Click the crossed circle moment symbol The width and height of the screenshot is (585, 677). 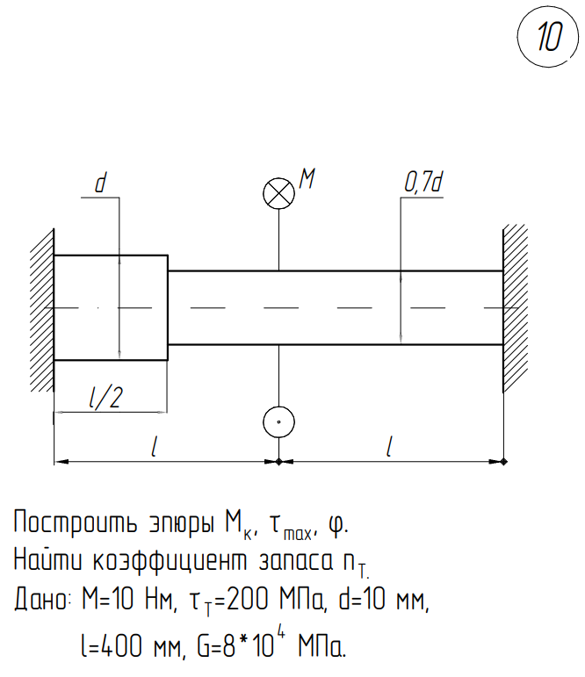click(278, 194)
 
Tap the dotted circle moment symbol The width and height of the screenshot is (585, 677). click(278, 422)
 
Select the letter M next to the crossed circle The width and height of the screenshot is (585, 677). click(307, 179)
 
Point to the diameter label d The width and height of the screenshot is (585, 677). click(100, 184)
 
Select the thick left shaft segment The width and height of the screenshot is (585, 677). click(111, 307)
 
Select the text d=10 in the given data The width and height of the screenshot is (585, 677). click(370, 601)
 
